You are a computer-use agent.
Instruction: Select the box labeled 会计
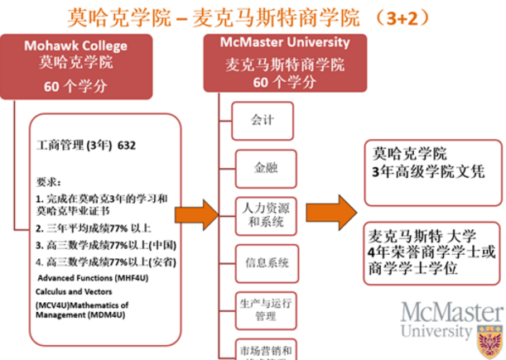coord(263,120)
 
